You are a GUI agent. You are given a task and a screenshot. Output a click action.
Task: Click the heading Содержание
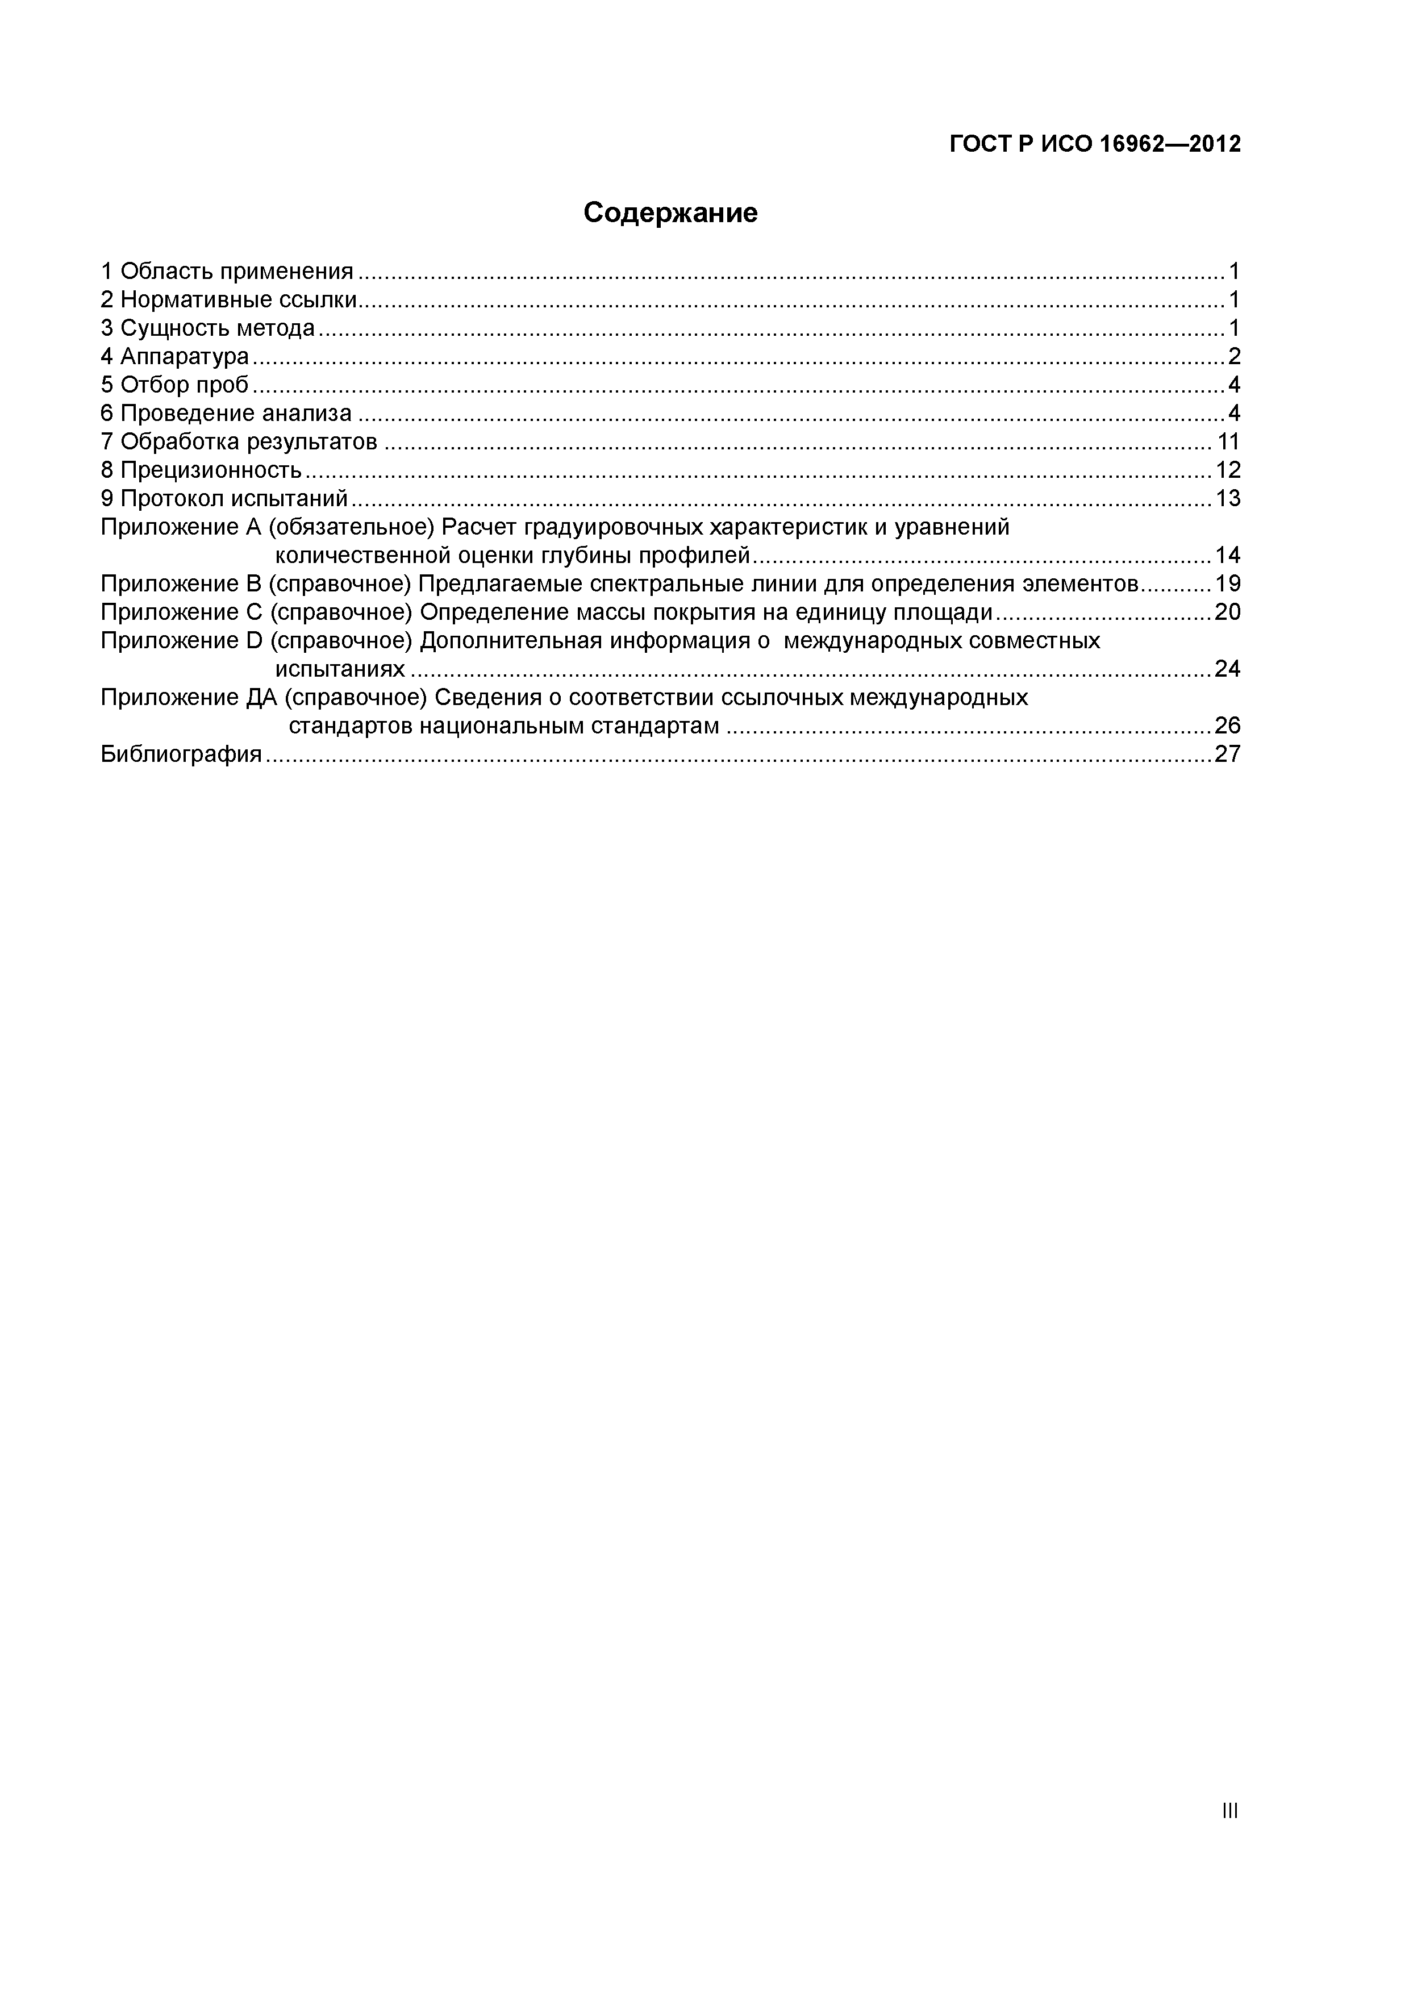[x=670, y=212]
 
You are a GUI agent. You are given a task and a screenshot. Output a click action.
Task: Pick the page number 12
[x=1228, y=470]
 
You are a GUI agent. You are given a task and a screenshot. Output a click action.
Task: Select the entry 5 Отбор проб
[x=174, y=385]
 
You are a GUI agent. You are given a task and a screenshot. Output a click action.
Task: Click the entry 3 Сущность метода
[x=207, y=329]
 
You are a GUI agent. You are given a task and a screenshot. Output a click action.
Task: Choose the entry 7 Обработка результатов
[x=239, y=442]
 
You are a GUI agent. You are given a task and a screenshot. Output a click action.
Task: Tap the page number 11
[x=1228, y=442]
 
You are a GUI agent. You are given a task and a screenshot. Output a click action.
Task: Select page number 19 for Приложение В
[x=1228, y=584]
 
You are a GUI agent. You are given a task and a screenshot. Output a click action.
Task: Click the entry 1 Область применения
[x=227, y=272]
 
